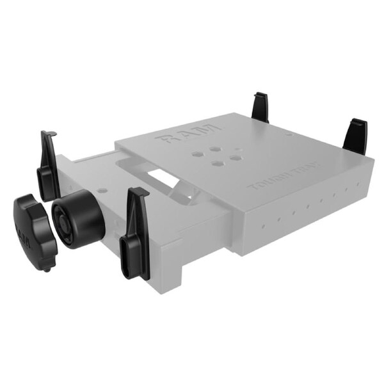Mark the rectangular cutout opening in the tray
click(x=160, y=175)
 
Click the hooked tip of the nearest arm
click(x=140, y=192)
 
